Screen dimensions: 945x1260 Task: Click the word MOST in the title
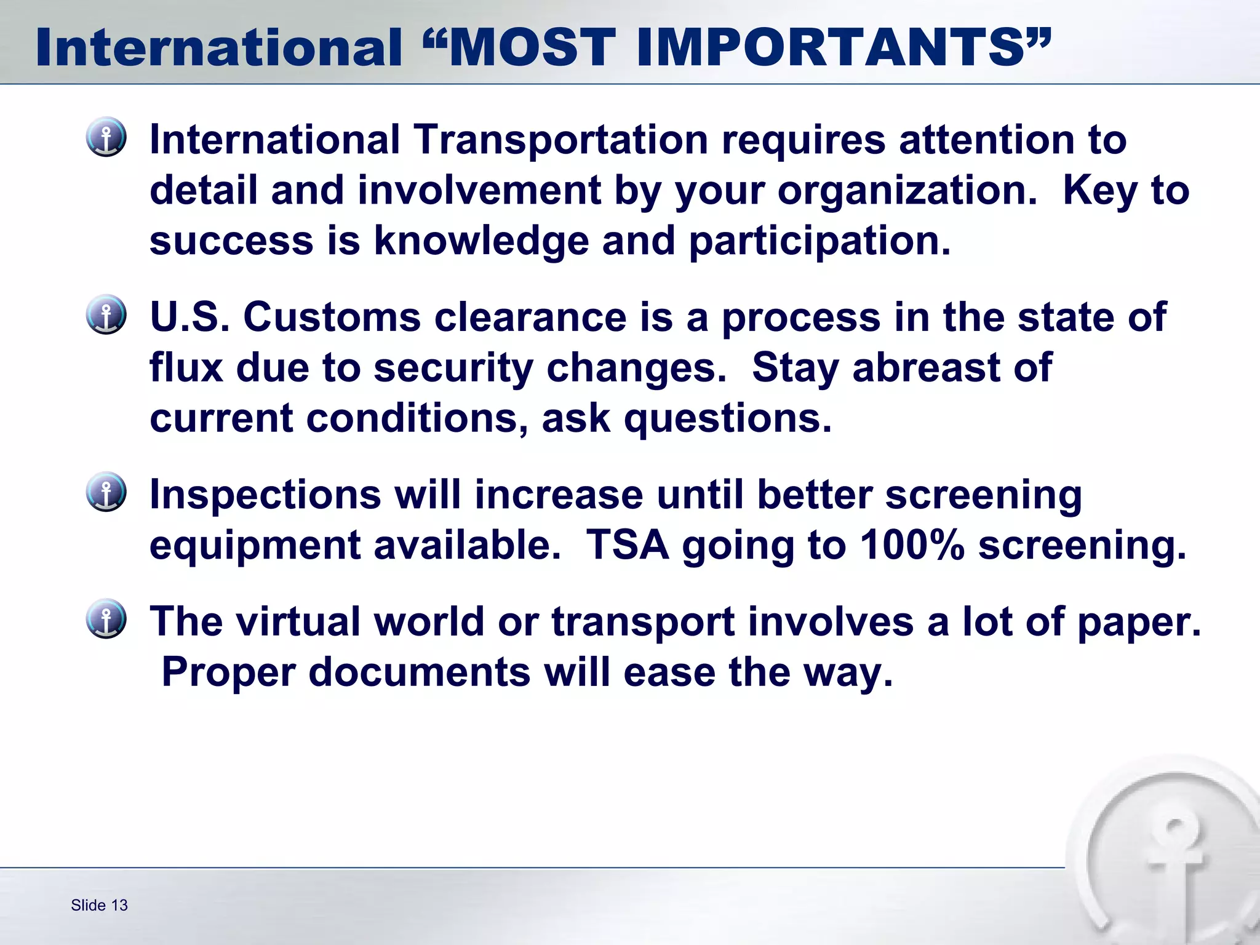[533, 48]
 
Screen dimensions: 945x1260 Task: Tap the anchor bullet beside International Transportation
[106, 137]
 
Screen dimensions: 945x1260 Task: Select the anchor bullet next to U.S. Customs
[106, 314]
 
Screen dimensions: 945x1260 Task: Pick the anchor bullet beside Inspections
[106, 492]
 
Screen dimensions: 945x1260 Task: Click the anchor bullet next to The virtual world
[106, 618]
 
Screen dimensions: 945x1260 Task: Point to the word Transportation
[560, 140]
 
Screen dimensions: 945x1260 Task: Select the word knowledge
[481, 241]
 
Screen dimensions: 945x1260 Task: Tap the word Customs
[332, 317]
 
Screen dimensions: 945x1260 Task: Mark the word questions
[727, 418]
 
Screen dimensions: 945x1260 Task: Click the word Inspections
[265, 496]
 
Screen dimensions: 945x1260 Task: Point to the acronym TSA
[627, 545]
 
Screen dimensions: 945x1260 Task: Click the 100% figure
[912, 545]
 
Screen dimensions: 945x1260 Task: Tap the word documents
[419, 672]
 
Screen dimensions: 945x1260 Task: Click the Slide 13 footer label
[99, 905]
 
